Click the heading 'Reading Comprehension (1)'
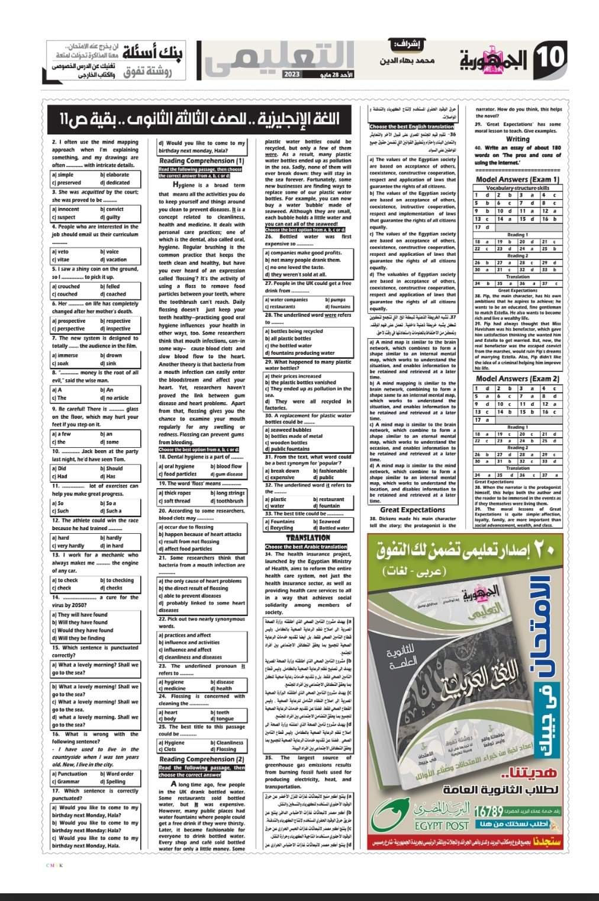click(201, 161)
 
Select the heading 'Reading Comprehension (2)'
click(201, 759)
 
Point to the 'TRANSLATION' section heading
click(308, 537)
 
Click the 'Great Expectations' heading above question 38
click(413, 509)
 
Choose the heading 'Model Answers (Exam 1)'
click(517, 179)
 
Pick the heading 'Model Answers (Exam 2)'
click(517, 379)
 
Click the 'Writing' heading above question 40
click(517, 139)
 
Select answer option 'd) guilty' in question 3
click(112, 217)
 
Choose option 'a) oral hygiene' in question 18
click(176, 466)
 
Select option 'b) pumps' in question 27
click(335, 300)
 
